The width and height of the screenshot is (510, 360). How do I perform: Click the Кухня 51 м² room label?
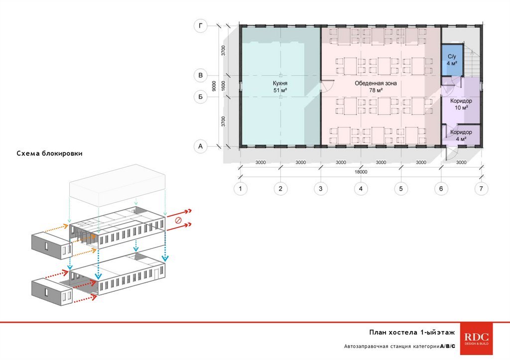(280, 87)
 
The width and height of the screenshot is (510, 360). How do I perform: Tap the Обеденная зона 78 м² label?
(376, 87)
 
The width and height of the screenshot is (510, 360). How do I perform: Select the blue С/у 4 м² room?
(452, 60)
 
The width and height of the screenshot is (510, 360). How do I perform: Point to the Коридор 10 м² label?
(461, 104)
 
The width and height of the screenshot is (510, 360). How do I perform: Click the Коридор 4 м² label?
(461, 135)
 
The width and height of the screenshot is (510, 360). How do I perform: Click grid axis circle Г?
(200, 26)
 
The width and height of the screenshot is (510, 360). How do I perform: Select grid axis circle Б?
(200, 97)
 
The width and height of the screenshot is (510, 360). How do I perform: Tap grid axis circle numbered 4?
(361, 189)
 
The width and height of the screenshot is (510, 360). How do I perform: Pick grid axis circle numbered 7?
(481, 189)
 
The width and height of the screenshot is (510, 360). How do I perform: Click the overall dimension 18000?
(361, 172)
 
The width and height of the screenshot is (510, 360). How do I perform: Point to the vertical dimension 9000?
(214, 86)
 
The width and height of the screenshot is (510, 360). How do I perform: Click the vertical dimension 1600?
(223, 86)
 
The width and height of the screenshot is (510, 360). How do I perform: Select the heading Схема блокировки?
(49, 153)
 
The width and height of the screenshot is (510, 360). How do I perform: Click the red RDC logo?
(477, 339)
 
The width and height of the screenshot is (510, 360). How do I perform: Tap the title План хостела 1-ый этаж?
(412, 332)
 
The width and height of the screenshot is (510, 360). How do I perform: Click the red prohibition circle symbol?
(178, 220)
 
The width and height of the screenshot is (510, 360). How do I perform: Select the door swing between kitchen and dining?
(327, 86)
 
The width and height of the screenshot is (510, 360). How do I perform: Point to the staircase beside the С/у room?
(471, 60)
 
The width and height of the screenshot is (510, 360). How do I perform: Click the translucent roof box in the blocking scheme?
(118, 185)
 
